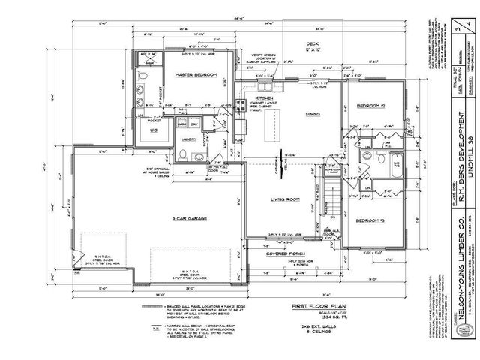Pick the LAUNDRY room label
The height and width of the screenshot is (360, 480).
pos(187,139)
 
